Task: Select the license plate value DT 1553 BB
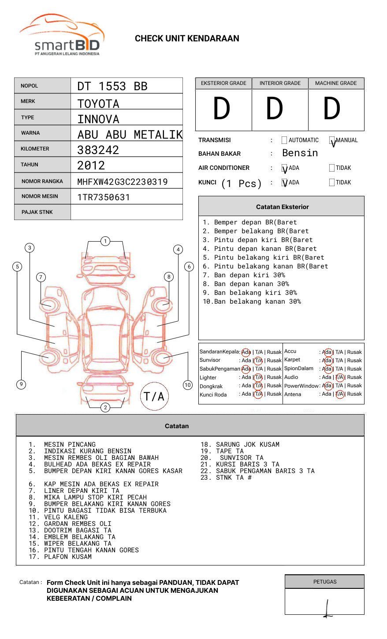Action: (112, 86)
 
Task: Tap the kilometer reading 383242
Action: (98, 150)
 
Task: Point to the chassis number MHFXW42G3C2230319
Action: (123, 182)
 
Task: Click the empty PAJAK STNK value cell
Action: (127, 212)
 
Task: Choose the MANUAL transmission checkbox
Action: (332, 140)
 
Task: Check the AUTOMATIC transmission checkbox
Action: (284, 140)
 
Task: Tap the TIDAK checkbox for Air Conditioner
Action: (332, 168)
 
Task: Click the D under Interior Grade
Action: (275, 108)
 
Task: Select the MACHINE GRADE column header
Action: (336, 83)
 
